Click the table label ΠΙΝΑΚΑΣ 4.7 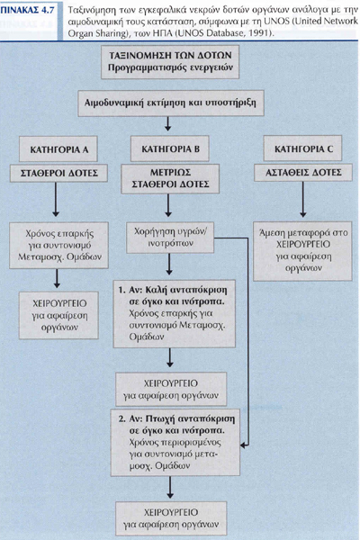[x=28, y=10]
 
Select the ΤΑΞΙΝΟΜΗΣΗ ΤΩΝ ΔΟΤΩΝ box [x=170, y=61]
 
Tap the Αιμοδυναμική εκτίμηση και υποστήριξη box [x=171, y=103]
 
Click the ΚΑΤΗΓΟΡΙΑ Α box [x=58, y=148]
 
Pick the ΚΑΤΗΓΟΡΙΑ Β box [x=170, y=148]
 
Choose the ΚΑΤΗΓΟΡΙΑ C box [x=302, y=148]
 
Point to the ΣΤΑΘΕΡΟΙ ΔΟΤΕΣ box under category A [x=58, y=173]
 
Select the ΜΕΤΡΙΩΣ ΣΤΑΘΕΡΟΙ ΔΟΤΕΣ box [x=170, y=178]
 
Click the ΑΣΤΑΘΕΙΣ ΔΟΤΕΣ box [x=303, y=173]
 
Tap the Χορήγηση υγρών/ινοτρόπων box [x=170, y=238]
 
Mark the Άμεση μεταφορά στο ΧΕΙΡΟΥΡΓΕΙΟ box [x=302, y=251]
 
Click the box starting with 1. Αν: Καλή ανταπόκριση [x=175, y=313]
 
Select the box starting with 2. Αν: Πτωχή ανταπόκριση [x=175, y=443]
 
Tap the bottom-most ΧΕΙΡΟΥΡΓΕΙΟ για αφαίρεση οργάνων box [x=171, y=518]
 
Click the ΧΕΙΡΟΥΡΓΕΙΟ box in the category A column [x=58, y=315]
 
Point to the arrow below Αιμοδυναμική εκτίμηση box [x=167, y=123]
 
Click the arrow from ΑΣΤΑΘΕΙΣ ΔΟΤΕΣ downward [x=302, y=199]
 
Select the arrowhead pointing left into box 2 [x=244, y=445]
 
